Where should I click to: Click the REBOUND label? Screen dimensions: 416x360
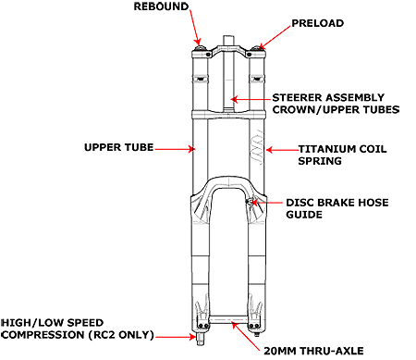coord(161,6)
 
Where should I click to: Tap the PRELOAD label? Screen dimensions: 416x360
coord(318,23)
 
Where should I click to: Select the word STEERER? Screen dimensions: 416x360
coord(297,97)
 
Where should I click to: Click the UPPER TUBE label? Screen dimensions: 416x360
coord(119,147)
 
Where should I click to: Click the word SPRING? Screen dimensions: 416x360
coord(320,161)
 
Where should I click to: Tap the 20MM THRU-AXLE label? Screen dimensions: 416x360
coord(313,351)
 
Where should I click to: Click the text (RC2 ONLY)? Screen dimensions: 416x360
coord(121,335)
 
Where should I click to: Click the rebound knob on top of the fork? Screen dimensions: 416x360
coord(201,48)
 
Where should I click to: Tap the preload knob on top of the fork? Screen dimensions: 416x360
coord(256,48)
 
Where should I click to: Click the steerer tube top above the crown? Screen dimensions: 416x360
coord(228,41)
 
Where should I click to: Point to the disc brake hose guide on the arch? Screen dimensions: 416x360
coord(251,202)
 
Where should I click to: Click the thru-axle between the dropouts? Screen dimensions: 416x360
coord(228,319)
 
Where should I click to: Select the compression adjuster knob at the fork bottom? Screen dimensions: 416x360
coord(200,339)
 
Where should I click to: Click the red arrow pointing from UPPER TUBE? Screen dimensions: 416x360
coord(175,149)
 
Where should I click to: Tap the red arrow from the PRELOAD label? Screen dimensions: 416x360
coord(275,37)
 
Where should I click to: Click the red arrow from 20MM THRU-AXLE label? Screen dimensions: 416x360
coord(246,336)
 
